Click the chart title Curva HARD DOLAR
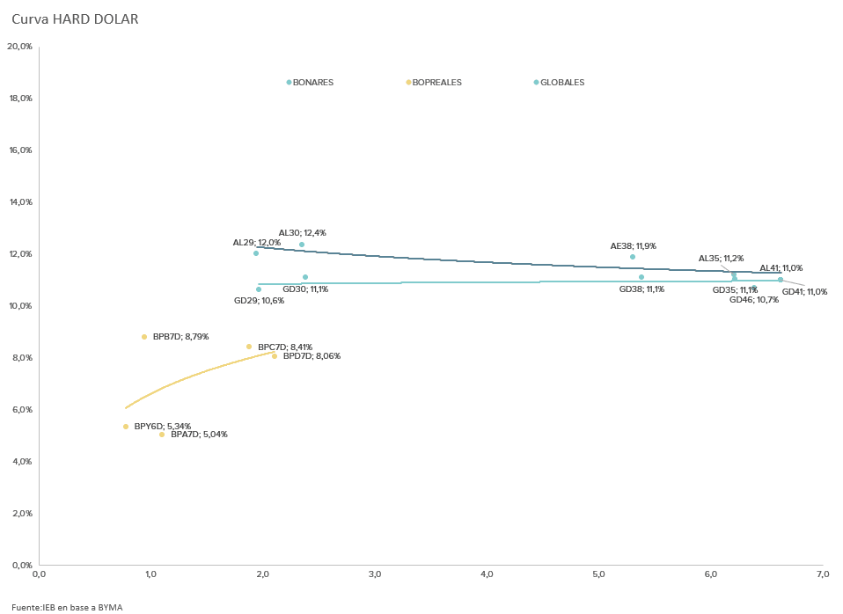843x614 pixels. [75, 19]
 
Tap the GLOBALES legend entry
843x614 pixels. [561, 83]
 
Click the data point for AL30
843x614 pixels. [302, 245]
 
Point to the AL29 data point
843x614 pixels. [256, 253]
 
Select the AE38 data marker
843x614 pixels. [633, 257]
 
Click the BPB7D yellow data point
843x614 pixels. [144, 337]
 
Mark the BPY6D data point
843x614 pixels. [126, 427]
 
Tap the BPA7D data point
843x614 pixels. [162, 435]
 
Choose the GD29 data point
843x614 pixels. [259, 289]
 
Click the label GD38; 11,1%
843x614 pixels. [641, 289]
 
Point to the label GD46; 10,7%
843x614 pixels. [754, 300]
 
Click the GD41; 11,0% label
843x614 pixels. [804, 292]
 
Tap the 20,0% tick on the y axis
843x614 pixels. [19, 47]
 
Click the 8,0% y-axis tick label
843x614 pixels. [20, 358]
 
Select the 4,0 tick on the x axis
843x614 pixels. [487, 574]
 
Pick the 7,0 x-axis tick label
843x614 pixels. [823, 574]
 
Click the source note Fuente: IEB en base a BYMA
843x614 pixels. [67, 607]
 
